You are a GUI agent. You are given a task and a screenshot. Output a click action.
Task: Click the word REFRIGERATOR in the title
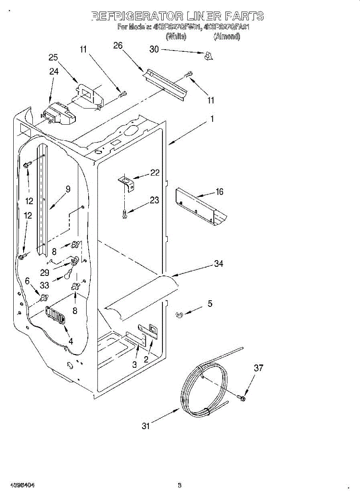137,17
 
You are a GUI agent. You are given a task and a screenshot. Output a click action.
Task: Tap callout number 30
154,49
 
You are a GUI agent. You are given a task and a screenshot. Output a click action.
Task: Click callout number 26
118,46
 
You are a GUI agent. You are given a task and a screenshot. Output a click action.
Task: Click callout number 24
54,71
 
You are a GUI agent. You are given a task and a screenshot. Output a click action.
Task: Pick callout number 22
155,173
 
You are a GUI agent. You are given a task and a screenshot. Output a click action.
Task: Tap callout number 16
220,191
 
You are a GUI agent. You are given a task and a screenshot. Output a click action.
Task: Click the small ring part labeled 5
179,315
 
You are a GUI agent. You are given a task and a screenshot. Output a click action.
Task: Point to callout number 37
259,368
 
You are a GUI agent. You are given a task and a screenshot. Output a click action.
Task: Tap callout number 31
146,426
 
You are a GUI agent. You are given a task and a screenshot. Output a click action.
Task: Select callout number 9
68,189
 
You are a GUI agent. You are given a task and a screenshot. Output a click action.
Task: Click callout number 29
45,273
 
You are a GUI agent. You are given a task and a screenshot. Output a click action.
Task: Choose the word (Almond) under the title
227,36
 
